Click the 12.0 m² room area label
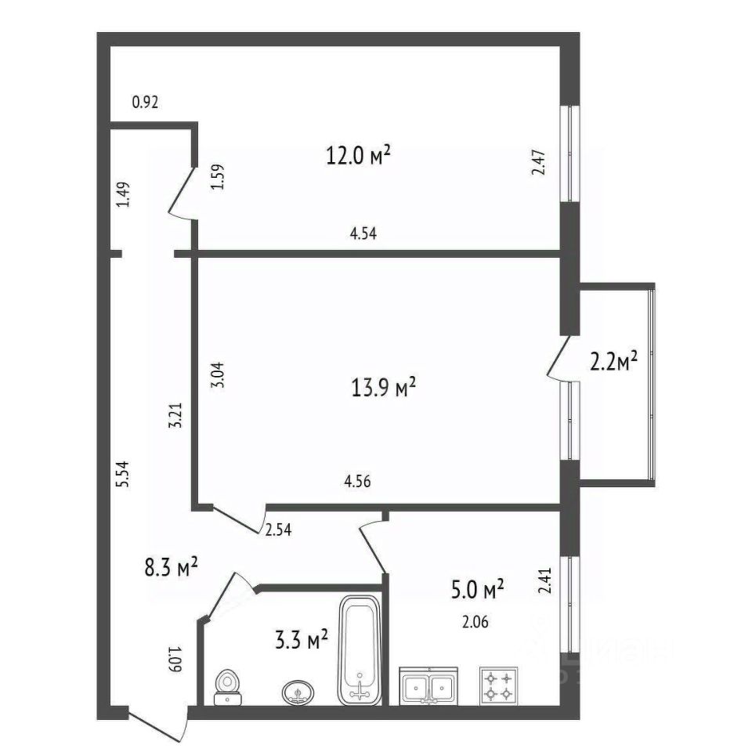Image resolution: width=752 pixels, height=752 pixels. coord(358,156)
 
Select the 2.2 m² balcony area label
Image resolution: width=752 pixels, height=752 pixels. coord(613,361)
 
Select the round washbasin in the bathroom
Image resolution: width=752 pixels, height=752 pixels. coord(298,692)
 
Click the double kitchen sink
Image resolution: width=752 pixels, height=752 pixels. coord(428,686)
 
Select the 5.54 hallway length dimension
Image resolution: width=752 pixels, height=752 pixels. coord(121,475)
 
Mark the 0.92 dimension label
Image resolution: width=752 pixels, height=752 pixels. coord(146,101)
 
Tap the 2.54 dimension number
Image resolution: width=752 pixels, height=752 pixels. coord(279,530)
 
